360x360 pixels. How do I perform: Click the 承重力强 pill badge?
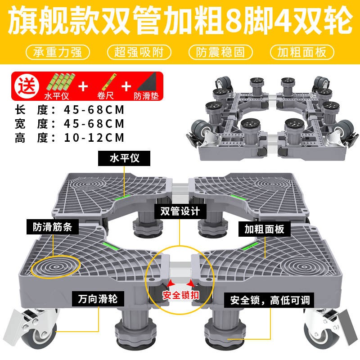[58, 52]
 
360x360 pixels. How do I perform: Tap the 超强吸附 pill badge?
[139, 52]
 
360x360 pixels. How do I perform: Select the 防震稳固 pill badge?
[220, 52]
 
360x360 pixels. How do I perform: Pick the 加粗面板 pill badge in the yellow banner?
[302, 52]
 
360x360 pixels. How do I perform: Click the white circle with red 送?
[27, 86]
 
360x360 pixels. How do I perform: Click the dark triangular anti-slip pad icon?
[147, 82]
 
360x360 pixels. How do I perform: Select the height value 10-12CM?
[94, 138]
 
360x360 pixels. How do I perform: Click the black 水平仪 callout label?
[124, 158]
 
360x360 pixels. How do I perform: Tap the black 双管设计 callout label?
[180, 211]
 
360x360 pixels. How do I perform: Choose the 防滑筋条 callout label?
[53, 227]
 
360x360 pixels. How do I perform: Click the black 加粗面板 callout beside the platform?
[265, 229]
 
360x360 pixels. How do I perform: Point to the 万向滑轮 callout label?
[98, 299]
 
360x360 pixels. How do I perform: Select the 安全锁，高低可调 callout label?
[269, 300]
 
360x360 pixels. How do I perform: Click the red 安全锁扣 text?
[181, 295]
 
